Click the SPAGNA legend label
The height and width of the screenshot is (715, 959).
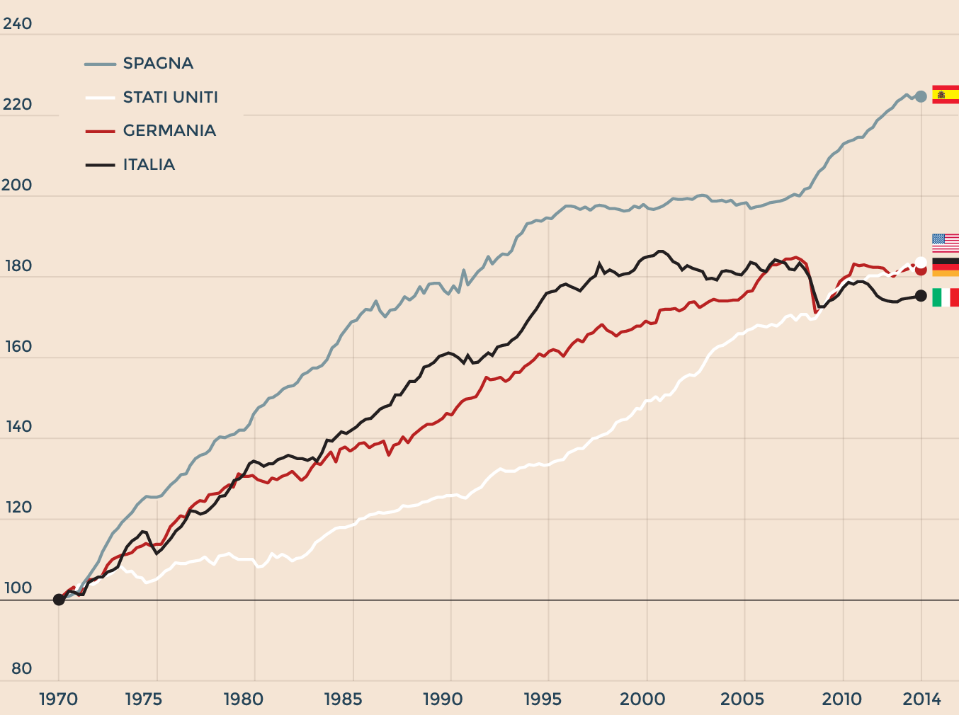coord(158,64)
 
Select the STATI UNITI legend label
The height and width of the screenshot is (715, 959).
coord(170,98)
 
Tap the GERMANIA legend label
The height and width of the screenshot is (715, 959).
coord(169,131)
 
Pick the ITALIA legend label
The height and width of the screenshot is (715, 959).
coord(149,165)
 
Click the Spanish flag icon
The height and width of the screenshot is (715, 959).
coord(946,95)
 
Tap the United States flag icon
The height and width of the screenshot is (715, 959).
coord(946,243)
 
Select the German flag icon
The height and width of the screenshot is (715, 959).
coord(946,268)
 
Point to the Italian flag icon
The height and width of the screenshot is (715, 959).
coord(946,297)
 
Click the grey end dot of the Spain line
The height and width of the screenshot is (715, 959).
coord(921,96)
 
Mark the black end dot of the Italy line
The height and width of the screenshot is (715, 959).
coord(921,296)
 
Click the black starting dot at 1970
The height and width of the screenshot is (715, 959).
coord(59,600)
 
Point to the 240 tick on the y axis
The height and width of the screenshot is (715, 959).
coord(18,24)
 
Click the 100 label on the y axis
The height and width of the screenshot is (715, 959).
coord(18,588)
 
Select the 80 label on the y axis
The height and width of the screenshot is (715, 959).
coord(22,669)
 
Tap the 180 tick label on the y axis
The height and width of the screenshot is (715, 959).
coord(18,266)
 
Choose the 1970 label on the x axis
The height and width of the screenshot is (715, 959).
coord(58,699)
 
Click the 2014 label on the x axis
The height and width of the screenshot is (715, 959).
coord(921,699)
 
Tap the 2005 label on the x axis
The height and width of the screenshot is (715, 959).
coord(743,699)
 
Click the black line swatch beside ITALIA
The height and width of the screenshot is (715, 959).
coord(100,165)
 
